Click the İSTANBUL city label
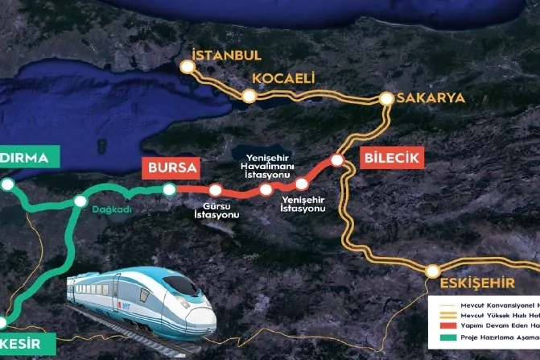tap(227, 56)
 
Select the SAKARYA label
tap(430, 98)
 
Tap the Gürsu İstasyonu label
tap(216, 211)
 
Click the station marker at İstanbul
tap(190, 68)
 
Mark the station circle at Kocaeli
tap(250, 97)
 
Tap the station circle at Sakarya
tap(386, 100)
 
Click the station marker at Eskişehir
tap(433, 271)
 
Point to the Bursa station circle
tap(169, 190)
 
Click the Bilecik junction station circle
tap(338, 161)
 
